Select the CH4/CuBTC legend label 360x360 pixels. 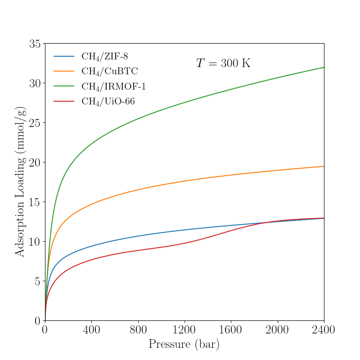pyautogui.click(x=109, y=71)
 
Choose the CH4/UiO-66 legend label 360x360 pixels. pyautogui.click(x=108, y=101)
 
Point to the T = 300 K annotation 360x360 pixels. pyautogui.click(x=223, y=63)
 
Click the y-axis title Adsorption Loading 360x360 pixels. pyautogui.click(x=20, y=182)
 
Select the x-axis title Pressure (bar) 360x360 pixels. pyautogui.click(x=184, y=345)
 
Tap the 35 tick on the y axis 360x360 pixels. pyautogui.click(x=35, y=44)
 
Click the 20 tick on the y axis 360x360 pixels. pyautogui.click(x=35, y=162)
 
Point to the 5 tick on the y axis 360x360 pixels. pyautogui.click(x=37, y=281)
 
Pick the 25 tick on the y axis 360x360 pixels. pyautogui.click(x=35, y=123)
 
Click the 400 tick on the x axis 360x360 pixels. pyautogui.click(x=91, y=330)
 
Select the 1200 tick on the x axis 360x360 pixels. pyautogui.click(x=184, y=330)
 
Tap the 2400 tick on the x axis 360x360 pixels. pyautogui.click(x=324, y=330)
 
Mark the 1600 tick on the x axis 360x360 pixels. pyautogui.click(x=231, y=330)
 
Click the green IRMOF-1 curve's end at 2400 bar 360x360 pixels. pyautogui.click(x=324, y=67)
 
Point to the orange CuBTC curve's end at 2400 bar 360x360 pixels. pyautogui.click(x=324, y=166)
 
